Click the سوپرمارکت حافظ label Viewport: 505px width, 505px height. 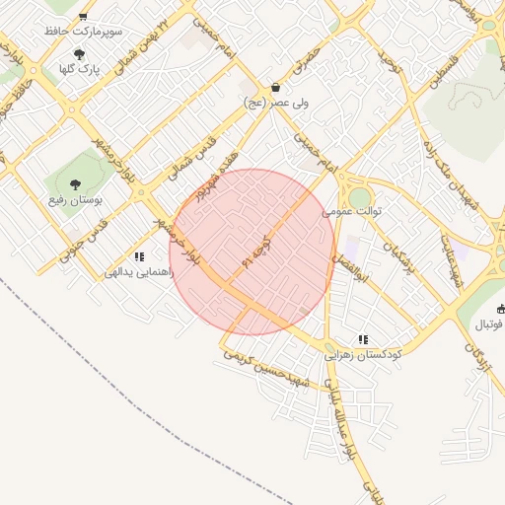point(83,32)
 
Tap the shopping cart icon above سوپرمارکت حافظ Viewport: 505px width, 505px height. point(83,16)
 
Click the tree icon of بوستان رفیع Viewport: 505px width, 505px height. point(74,182)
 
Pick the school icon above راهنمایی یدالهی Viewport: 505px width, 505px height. point(139,256)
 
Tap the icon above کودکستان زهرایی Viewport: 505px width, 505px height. point(363,337)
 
